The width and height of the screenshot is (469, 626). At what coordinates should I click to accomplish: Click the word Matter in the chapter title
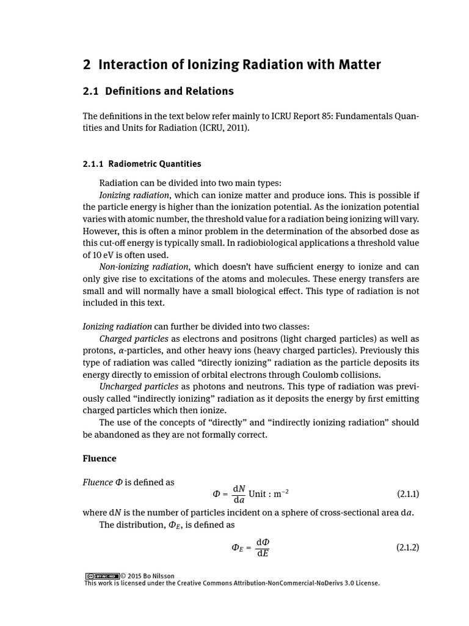(358, 64)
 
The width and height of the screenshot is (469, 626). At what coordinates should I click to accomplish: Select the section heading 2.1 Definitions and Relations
(158, 91)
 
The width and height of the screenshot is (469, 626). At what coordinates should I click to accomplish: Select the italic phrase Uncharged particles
(139, 386)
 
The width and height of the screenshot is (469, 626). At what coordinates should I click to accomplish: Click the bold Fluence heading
(99, 458)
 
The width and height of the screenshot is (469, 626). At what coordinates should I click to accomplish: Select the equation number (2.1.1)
(408, 494)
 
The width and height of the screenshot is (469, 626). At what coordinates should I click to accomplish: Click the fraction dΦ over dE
(263, 548)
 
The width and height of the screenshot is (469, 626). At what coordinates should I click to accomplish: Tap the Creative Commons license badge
(101, 576)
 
